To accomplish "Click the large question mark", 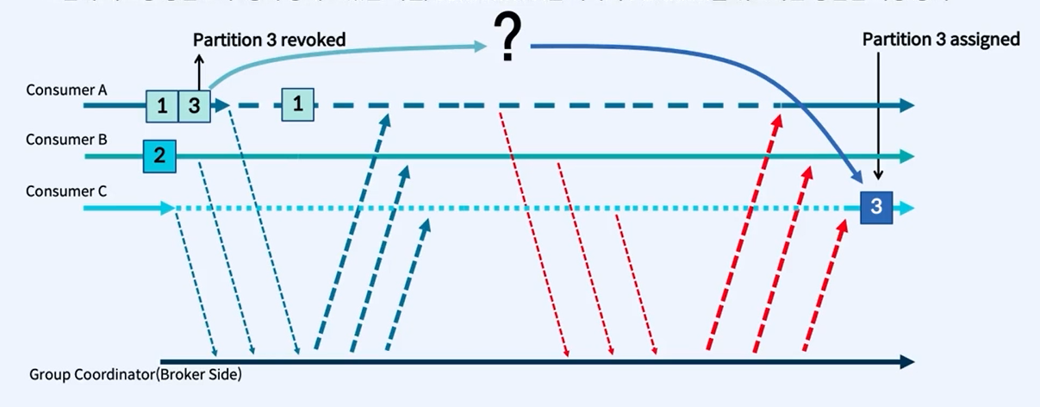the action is (x=508, y=41).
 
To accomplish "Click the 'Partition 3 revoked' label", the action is (x=270, y=40).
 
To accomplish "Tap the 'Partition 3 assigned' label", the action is (x=941, y=39).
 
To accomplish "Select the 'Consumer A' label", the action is (x=55, y=90).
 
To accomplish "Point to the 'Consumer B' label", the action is (x=54, y=140).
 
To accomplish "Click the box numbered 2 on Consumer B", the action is (x=159, y=156).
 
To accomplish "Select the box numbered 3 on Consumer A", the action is (x=194, y=105).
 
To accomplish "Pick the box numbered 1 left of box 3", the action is (x=161, y=105).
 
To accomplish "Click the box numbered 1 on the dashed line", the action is (x=298, y=105).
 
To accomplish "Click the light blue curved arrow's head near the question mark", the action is (x=483, y=47).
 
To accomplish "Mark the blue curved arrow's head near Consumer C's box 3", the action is (x=856, y=178).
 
